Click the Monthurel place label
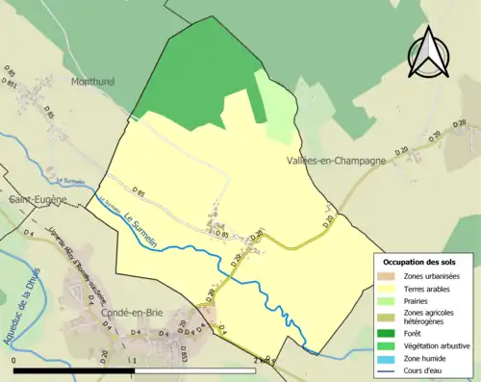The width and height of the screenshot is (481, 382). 92,82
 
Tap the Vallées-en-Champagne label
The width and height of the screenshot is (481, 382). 336,161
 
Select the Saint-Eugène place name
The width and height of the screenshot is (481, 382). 37,199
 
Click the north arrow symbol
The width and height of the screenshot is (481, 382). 429,53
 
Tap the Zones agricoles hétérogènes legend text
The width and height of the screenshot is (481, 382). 430,317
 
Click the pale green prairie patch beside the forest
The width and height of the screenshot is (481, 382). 278,106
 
